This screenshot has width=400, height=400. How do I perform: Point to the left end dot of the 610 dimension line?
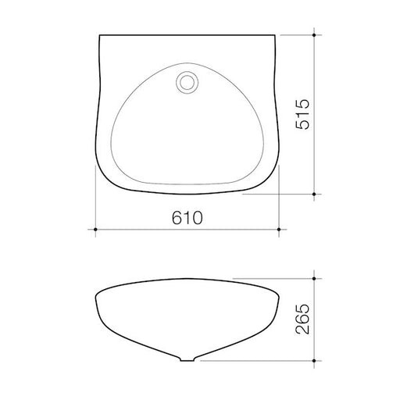coord(95,230)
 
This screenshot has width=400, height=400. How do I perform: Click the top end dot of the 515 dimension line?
coord(315,34)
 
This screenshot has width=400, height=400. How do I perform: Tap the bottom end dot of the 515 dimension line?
coord(315,192)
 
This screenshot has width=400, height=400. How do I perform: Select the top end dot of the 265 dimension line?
coord(315,278)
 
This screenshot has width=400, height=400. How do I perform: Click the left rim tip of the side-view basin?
coord(94,294)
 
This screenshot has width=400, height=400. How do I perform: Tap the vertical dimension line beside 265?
coord(315,344)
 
